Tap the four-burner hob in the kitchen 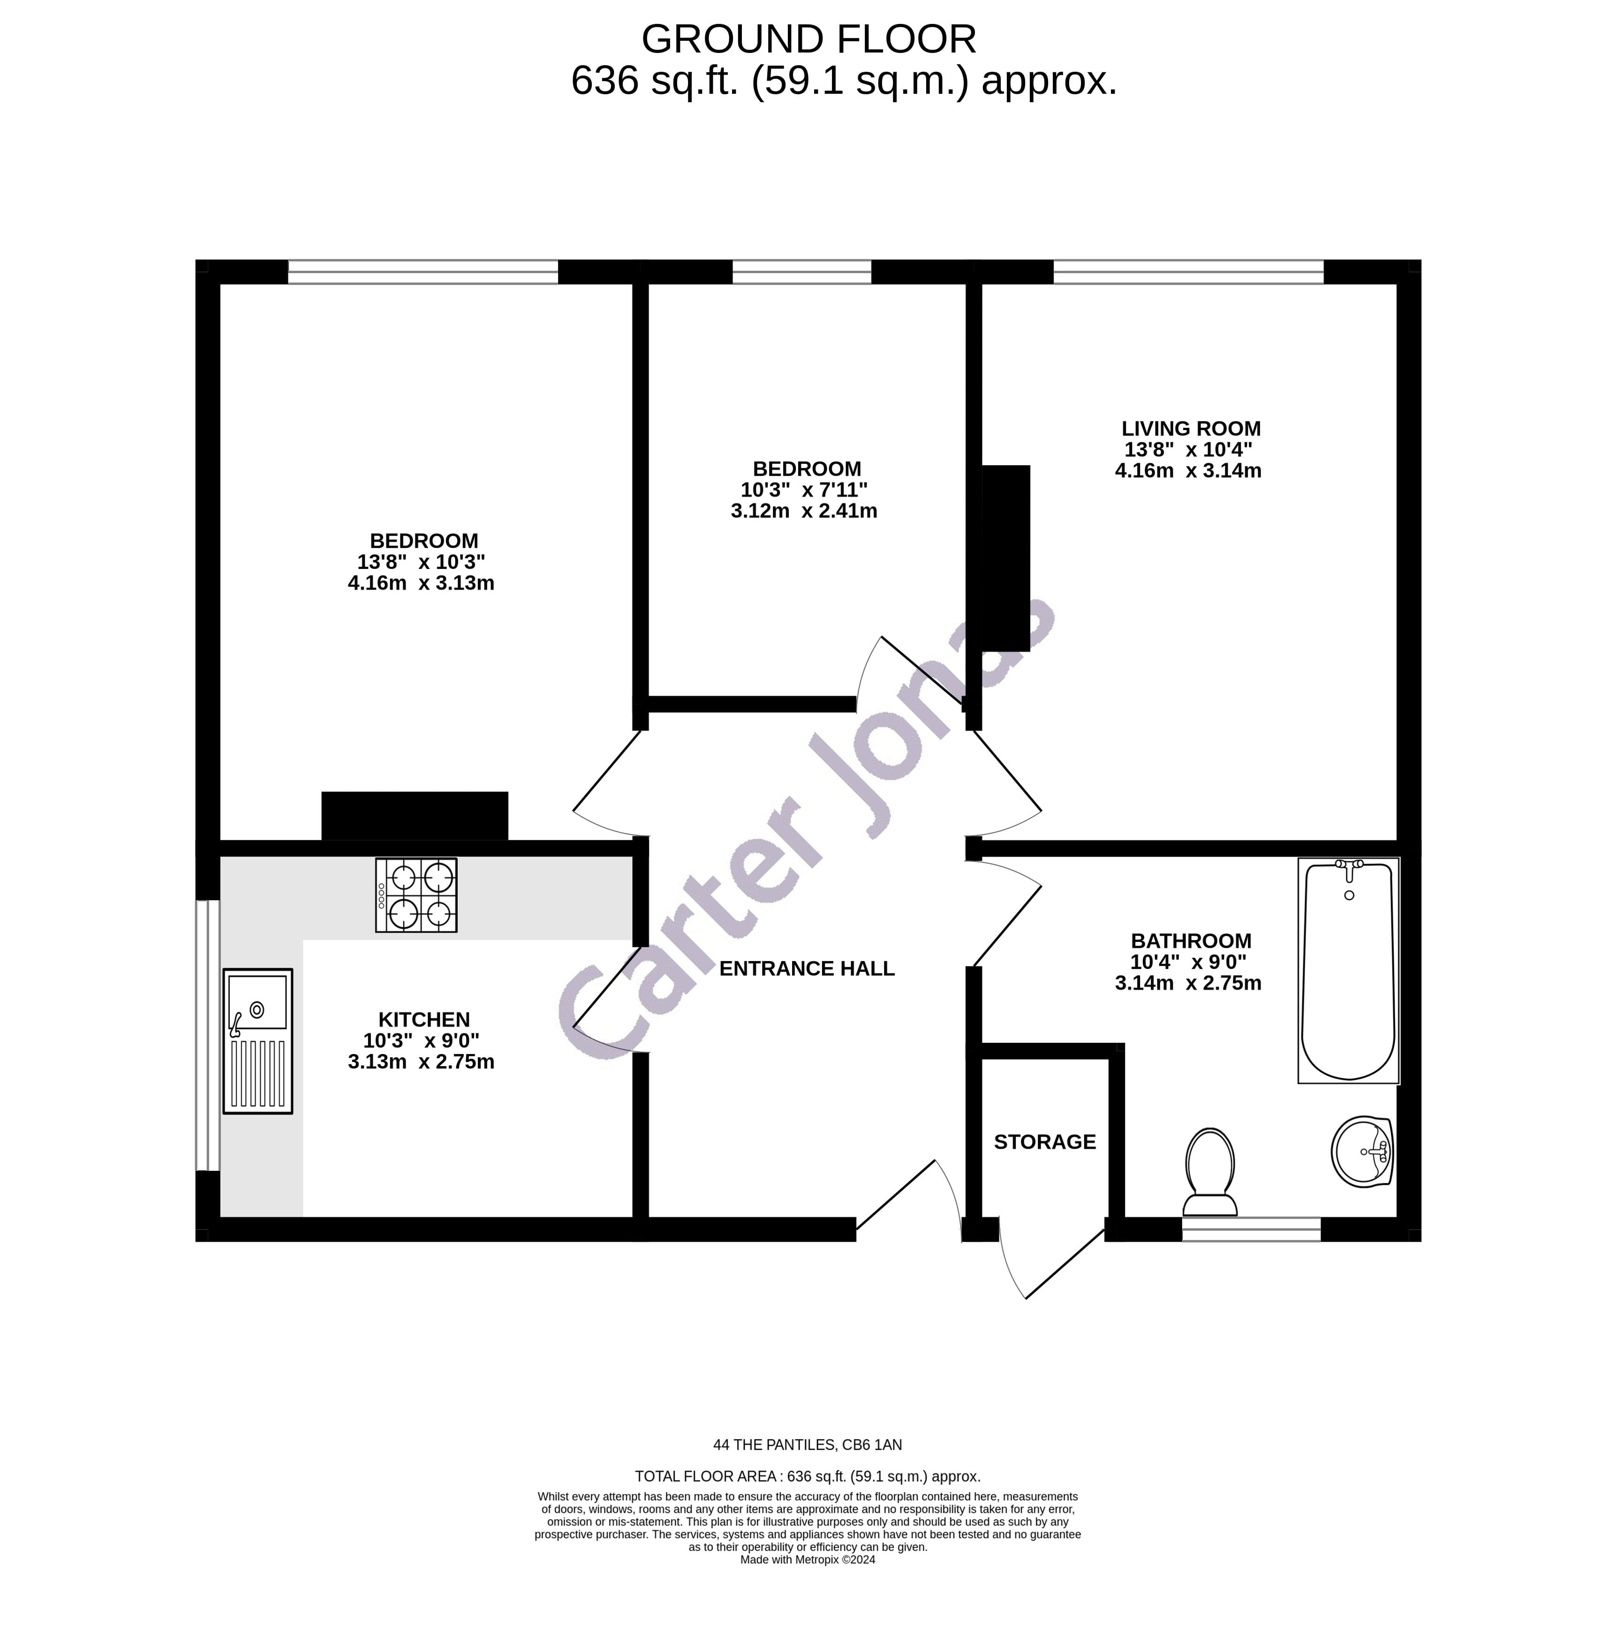click(416, 895)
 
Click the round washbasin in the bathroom click(1362, 1151)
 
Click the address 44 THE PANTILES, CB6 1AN click(807, 1445)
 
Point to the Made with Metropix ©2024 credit click(807, 1559)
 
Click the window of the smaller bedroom click(801, 272)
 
